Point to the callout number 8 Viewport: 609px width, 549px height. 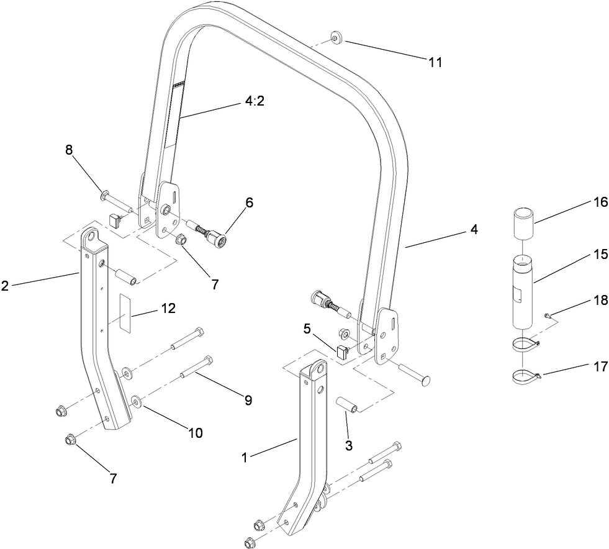tap(69, 150)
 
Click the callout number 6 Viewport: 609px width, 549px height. tap(249, 203)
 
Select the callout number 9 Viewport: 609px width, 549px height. tap(248, 401)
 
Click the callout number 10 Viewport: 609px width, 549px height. tap(196, 433)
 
